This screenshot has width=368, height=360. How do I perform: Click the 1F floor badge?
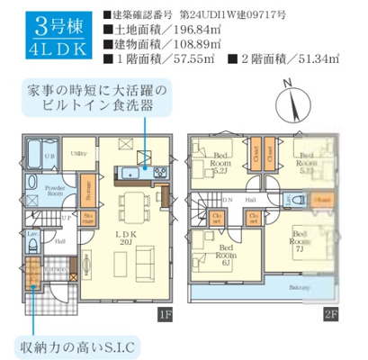coord(164,313)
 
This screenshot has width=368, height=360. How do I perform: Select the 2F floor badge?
coord(330,313)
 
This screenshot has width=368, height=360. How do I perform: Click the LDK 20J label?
coord(126,236)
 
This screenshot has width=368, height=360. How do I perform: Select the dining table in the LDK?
coord(138,204)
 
